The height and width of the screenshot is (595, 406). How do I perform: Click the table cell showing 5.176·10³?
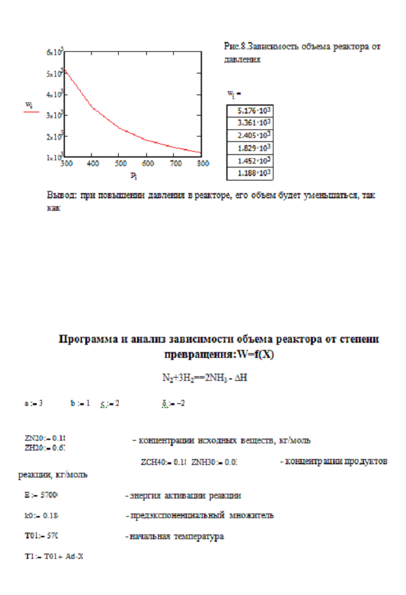point(249,110)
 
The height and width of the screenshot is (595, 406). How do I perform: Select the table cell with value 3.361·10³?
point(249,123)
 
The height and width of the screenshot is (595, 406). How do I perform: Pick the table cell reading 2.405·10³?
point(249,135)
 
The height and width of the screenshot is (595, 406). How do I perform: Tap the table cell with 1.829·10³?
point(249,148)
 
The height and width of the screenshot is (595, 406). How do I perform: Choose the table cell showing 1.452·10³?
point(249,161)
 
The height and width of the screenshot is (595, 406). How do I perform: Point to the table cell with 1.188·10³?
point(249,174)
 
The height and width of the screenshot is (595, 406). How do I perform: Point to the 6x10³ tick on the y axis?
point(54,52)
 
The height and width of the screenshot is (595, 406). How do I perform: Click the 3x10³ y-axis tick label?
point(54,115)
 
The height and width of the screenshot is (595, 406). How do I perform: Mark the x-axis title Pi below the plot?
point(132,175)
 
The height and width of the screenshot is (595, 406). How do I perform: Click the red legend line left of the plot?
point(31,113)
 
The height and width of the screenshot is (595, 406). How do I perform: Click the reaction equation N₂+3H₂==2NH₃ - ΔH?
point(203,378)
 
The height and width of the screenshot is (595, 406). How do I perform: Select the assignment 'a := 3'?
point(33,403)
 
